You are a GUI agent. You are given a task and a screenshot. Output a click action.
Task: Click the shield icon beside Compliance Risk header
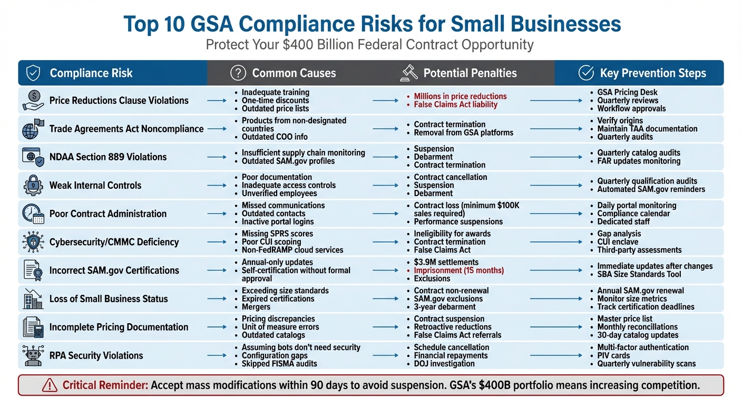(x=33, y=73)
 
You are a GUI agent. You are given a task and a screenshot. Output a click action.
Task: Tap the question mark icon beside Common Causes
(x=238, y=73)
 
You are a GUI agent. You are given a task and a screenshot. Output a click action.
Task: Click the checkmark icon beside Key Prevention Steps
(x=586, y=73)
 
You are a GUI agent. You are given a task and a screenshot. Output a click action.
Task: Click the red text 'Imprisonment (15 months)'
(x=458, y=271)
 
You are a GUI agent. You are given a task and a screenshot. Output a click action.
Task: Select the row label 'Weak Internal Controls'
(x=95, y=186)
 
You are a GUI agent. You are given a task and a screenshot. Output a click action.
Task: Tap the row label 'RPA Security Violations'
(x=96, y=355)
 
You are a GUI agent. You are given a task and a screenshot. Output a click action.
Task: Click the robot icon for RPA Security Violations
(x=33, y=355)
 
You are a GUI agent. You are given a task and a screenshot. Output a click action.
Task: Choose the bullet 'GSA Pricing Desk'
(x=627, y=92)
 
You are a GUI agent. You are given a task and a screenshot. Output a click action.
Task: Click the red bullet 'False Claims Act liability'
(x=455, y=104)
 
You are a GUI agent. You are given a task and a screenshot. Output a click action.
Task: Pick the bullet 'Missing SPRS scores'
(x=277, y=234)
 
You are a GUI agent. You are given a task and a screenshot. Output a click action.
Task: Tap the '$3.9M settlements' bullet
(x=446, y=262)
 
